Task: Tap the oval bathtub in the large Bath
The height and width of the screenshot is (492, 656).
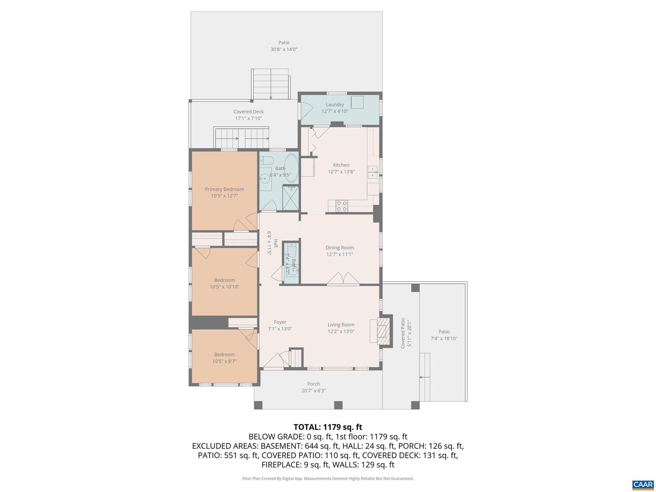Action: (x=292, y=169)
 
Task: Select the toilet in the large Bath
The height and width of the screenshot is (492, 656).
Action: (x=267, y=160)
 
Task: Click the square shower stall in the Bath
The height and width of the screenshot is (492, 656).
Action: (x=290, y=198)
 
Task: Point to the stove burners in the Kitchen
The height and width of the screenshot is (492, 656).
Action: (x=342, y=206)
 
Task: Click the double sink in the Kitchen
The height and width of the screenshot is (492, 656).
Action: (x=373, y=172)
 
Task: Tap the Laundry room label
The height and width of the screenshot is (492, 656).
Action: (x=335, y=105)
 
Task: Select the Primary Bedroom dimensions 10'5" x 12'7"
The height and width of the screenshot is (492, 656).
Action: (x=224, y=196)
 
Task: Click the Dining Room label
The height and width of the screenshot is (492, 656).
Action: (x=339, y=248)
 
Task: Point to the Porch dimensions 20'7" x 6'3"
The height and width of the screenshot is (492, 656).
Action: (x=313, y=390)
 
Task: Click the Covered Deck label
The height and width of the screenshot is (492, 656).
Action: (x=248, y=112)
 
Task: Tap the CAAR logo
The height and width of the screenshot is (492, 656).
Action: (x=643, y=484)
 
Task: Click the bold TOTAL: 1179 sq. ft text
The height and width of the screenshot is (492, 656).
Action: (x=328, y=427)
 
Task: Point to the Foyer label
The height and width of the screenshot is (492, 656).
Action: (x=280, y=322)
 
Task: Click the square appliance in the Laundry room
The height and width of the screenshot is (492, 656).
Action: (x=357, y=102)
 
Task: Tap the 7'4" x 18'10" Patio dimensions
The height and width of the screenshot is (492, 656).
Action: (x=444, y=338)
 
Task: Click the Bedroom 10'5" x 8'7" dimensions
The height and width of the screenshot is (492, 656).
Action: (x=224, y=361)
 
